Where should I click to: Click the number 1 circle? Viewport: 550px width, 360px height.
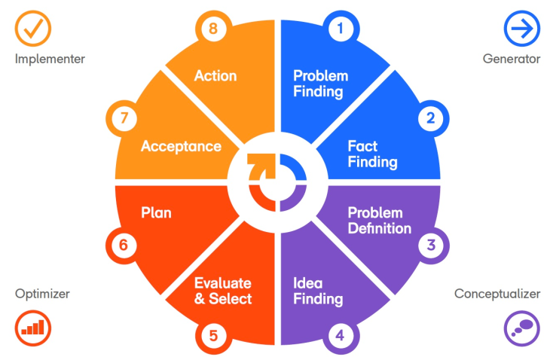341,29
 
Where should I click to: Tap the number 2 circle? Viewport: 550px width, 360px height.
430,117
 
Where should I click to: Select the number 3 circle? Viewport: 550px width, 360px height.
430,244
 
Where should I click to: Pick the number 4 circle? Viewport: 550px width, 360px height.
341,332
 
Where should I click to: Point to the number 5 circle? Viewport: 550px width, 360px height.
213,332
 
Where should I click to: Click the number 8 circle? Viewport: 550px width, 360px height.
213,29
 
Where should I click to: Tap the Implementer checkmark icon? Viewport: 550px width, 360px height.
33,28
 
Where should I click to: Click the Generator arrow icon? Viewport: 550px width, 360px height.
521,28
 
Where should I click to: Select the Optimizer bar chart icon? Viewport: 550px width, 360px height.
33,328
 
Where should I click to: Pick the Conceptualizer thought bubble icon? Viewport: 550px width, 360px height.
521,328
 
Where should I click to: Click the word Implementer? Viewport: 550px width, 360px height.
50,59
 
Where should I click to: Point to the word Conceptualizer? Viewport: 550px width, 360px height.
497,294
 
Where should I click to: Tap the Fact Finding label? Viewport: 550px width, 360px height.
372,154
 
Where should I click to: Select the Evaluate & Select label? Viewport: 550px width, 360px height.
223,291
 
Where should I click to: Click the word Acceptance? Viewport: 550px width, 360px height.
181,146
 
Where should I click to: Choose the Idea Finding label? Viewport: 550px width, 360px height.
317,291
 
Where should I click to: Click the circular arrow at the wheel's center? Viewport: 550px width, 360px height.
276,180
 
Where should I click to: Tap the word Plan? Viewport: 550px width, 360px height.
156,213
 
